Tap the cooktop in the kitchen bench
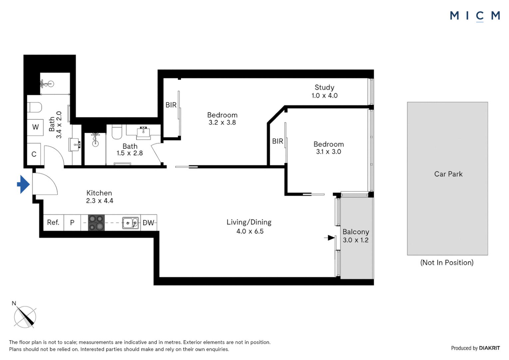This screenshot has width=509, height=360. (x=96, y=223)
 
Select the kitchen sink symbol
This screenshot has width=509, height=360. (x=131, y=223)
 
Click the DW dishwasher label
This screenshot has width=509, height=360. (x=148, y=223)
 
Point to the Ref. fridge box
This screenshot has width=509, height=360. (x=53, y=222)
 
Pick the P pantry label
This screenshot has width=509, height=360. (x=72, y=223)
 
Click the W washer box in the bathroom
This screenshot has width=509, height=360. (x=35, y=127)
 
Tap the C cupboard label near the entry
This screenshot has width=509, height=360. (x=34, y=154)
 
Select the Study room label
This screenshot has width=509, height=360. (x=324, y=87)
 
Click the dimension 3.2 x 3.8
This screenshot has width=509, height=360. (x=222, y=123)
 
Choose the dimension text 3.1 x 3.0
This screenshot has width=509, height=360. (x=328, y=152)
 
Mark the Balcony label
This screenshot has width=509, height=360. (x=356, y=232)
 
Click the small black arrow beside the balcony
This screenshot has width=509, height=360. (x=330, y=238)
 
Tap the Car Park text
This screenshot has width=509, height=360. (x=448, y=174)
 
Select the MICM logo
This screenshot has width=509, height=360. (x=475, y=16)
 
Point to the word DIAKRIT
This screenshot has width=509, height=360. (x=489, y=348)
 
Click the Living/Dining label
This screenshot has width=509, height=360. (x=249, y=222)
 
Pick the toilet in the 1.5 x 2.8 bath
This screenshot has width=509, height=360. (x=117, y=132)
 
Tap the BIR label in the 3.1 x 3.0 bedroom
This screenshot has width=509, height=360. (x=277, y=141)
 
